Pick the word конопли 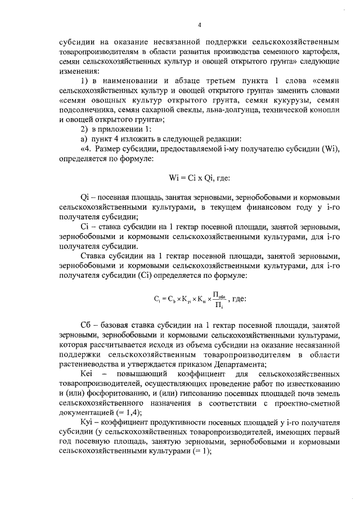[323, 110]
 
